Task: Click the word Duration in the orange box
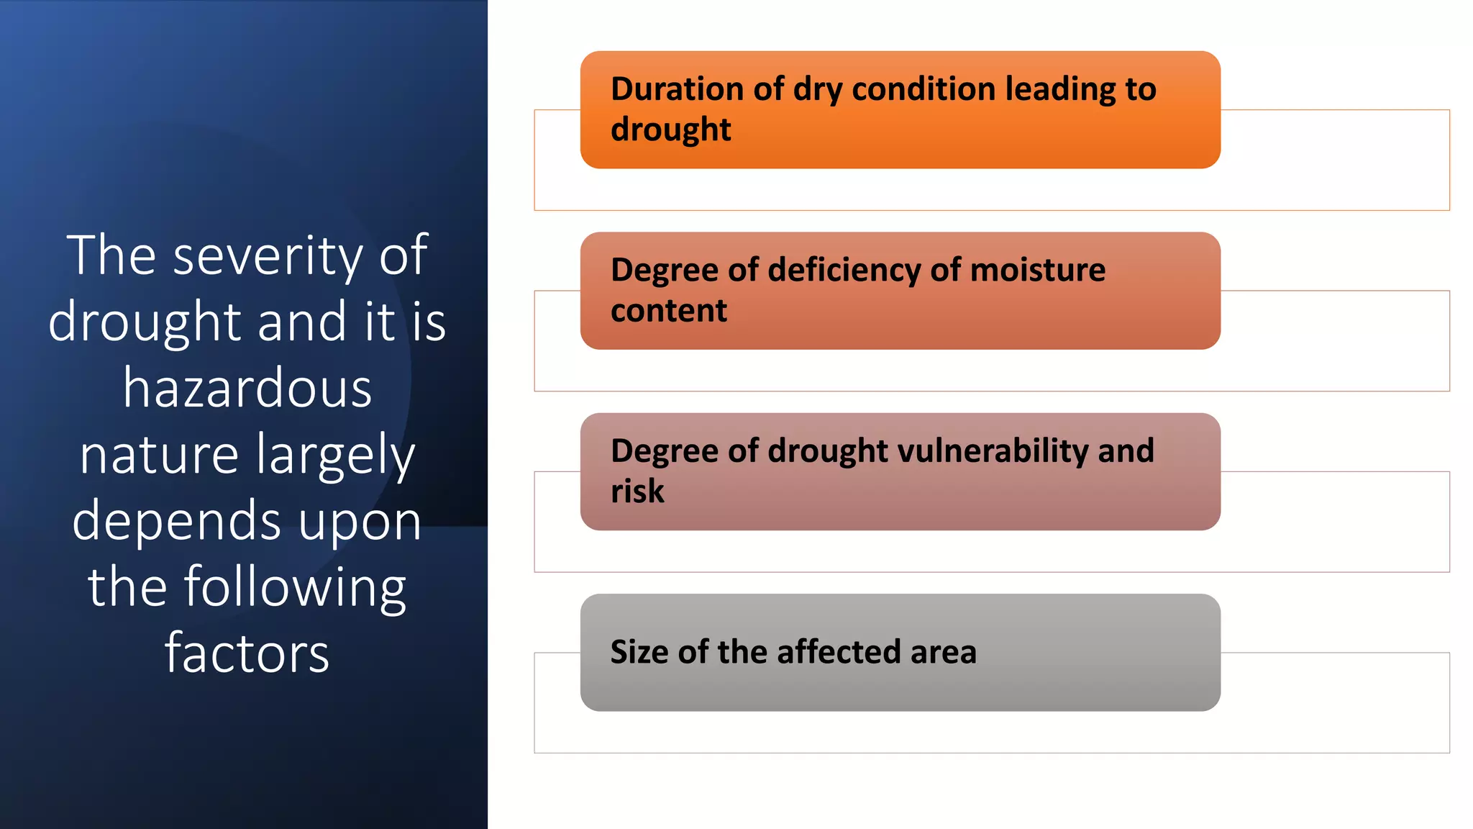point(676,89)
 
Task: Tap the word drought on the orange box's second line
point(670,130)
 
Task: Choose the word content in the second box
point(669,311)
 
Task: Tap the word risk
point(637,491)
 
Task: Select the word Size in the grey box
point(639,652)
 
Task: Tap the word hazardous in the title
point(247,389)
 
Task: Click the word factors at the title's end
point(247,653)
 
